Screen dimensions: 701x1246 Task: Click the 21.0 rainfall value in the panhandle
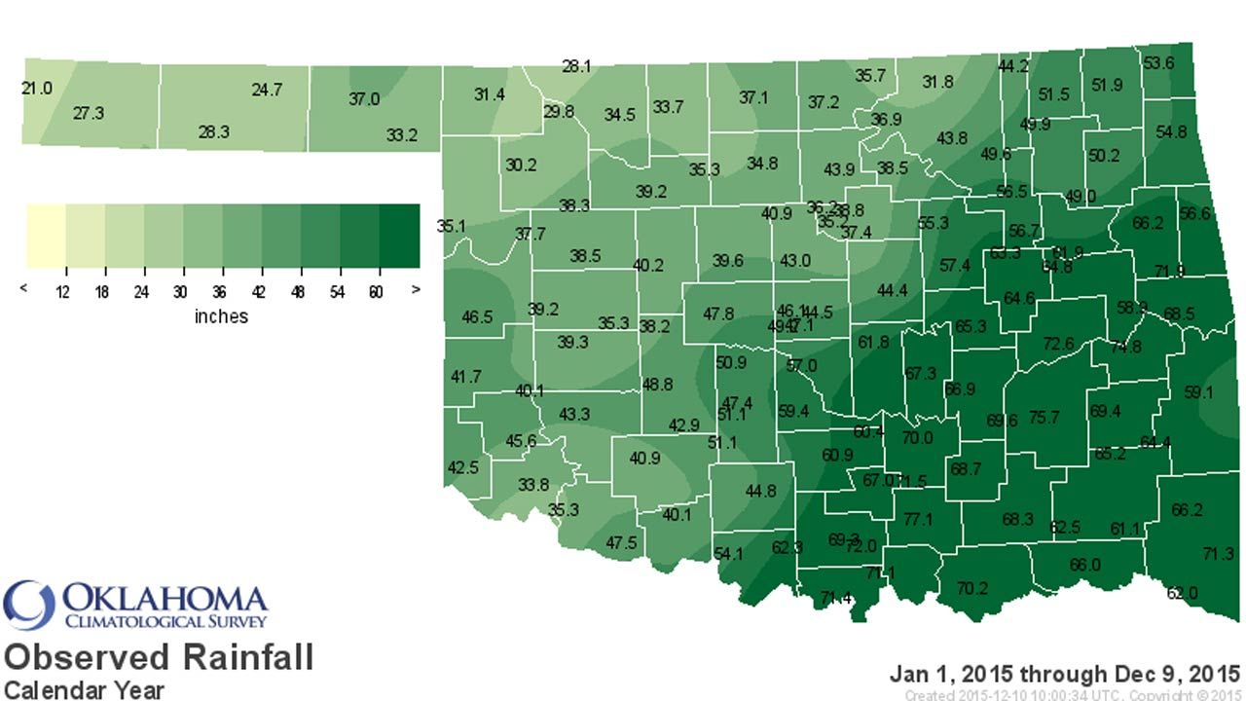pyautogui.click(x=37, y=89)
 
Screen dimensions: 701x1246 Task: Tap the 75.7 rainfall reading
pyautogui.click(x=1044, y=417)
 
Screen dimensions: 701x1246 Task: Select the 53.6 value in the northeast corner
pyautogui.click(x=1158, y=63)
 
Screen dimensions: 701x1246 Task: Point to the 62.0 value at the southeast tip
pyautogui.click(x=1182, y=593)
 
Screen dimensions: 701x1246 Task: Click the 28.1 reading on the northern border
pyautogui.click(x=576, y=66)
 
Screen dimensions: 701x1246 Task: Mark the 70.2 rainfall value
pyautogui.click(x=971, y=587)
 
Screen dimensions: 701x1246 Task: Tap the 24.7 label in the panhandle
pyautogui.click(x=267, y=90)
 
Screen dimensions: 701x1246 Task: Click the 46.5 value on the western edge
pyautogui.click(x=477, y=317)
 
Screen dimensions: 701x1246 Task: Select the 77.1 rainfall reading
pyautogui.click(x=918, y=519)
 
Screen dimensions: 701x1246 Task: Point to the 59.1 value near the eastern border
pyautogui.click(x=1199, y=393)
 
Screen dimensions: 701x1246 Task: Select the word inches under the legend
pyautogui.click(x=221, y=316)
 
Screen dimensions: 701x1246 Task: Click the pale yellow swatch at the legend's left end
pyautogui.click(x=45, y=236)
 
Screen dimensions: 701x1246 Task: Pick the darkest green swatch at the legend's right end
pyautogui.click(x=400, y=236)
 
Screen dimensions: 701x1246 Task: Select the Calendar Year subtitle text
pyautogui.click(x=83, y=688)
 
